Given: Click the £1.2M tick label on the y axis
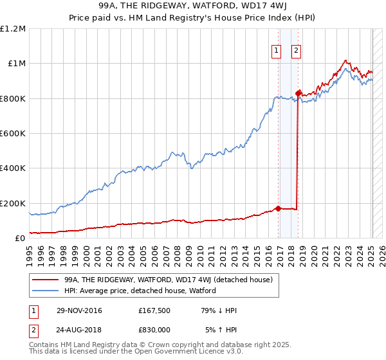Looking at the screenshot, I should pyautogui.click(x=13, y=28).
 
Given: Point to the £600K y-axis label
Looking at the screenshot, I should pyautogui.click(x=13, y=133).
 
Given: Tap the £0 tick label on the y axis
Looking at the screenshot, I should pyautogui.click(x=20, y=238).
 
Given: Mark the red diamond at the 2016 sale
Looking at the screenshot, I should pyautogui.click(x=278, y=208).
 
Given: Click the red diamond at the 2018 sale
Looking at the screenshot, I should pyautogui.click(x=298, y=93).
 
